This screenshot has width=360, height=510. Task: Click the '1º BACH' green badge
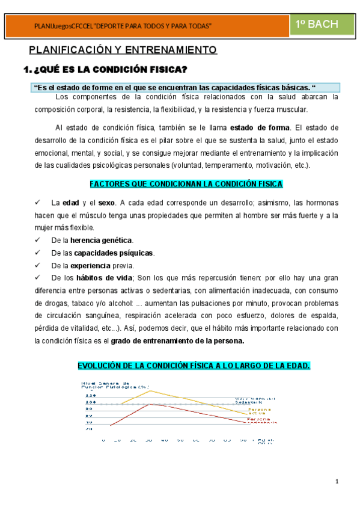(317, 24)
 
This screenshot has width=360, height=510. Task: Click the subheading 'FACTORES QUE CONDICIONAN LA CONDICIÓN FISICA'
(186, 183)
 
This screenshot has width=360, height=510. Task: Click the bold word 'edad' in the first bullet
(71, 202)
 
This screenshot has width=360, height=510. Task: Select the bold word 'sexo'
(107, 202)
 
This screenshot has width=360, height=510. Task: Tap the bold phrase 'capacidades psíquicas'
(114, 253)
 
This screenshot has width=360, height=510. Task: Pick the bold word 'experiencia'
(90, 265)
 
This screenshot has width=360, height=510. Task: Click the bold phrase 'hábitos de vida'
(106, 278)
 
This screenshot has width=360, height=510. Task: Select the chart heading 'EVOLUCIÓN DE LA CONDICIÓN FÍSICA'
(194, 366)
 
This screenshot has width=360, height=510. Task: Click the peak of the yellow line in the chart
(149, 390)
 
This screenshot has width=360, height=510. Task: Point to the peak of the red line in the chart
(150, 404)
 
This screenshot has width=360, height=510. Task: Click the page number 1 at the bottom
(337, 481)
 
